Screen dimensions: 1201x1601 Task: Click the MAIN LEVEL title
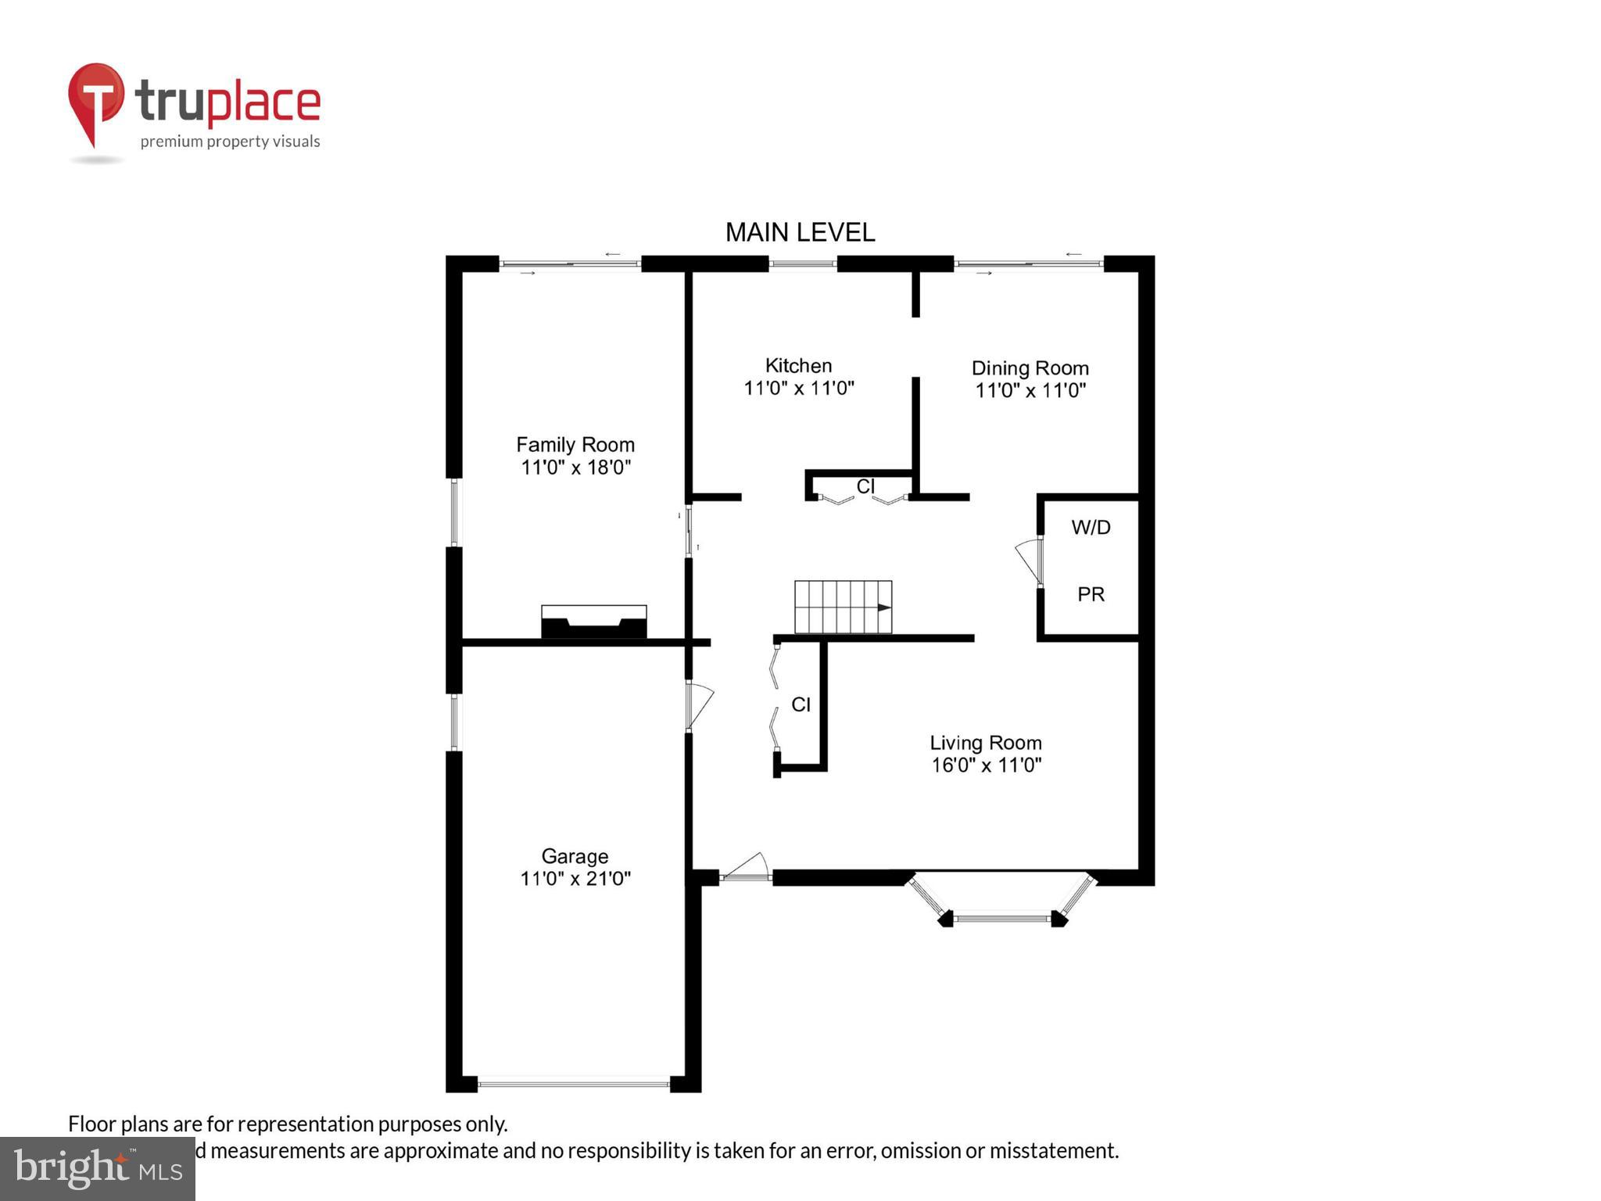[x=800, y=232]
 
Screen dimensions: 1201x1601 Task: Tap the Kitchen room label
[x=798, y=365]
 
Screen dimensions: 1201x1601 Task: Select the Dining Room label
[x=1030, y=368]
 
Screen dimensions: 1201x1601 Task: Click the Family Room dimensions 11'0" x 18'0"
[x=575, y=468]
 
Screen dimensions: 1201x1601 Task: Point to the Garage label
[x=575, y=856]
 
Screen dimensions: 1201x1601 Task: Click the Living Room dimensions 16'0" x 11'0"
[x=986, y=765]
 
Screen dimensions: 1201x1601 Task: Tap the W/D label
[x=1091, y=527]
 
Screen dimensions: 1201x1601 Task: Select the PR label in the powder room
[x=1091, y=594]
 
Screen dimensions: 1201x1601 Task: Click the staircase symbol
[x=843, y=607]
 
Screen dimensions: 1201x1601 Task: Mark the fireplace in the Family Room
[x=594, y=622]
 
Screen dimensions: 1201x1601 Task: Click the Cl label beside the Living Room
[x=800, y=704]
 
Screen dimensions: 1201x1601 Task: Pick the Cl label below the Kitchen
[x=865, y=486]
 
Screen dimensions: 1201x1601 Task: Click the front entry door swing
[x=746, y=867]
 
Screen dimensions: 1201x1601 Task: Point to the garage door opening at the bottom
[x=574, y=1084]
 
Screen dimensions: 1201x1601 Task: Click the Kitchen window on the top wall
[x=803, y=264]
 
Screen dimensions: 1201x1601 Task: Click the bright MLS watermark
[x=98, y=1168]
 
